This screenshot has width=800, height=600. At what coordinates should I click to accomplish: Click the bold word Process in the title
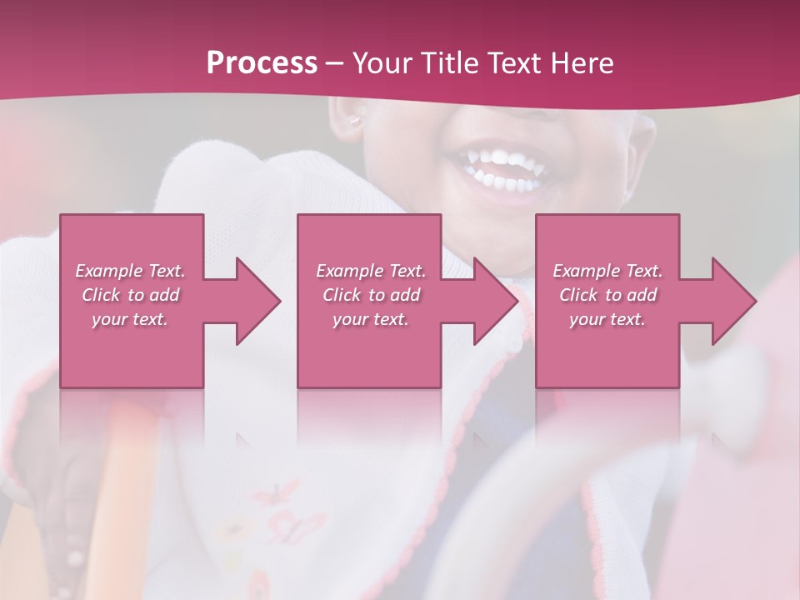tap(262, 63)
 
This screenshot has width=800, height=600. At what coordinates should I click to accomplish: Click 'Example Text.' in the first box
tap(130, 271)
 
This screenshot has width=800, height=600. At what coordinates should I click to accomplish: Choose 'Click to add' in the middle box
tap(371, 295)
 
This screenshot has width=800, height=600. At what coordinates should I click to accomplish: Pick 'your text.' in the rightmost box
tap(607, 319)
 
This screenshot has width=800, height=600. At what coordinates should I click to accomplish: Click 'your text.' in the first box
tap(130, 319)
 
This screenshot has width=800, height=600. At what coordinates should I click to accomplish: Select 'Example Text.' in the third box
tap(607, 271)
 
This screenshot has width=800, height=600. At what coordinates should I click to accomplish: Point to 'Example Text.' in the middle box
tap(371, 271)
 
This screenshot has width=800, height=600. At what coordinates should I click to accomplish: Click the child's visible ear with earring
tap(356, 121)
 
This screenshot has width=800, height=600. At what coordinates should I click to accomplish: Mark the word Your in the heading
tap(379, 63)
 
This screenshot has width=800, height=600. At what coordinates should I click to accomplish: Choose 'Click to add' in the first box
tap(130, 295)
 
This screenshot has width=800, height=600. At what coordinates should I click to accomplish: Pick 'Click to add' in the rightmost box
tap(607, 295)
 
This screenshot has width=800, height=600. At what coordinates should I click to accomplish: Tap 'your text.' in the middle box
tap(370, 319)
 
